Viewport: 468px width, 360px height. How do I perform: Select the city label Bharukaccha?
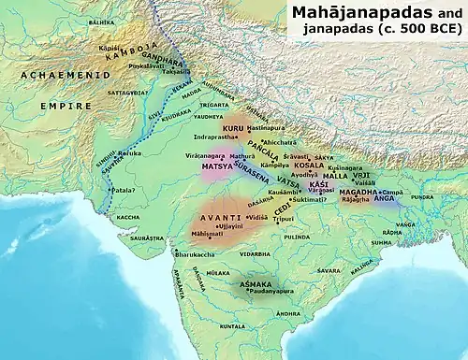click(x=197, y=253)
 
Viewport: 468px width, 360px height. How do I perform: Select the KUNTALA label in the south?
click(x=232, y=325)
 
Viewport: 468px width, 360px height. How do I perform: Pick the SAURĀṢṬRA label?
click(x=147, y=238)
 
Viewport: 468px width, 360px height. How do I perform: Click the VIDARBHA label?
click(x=254, y=253)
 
